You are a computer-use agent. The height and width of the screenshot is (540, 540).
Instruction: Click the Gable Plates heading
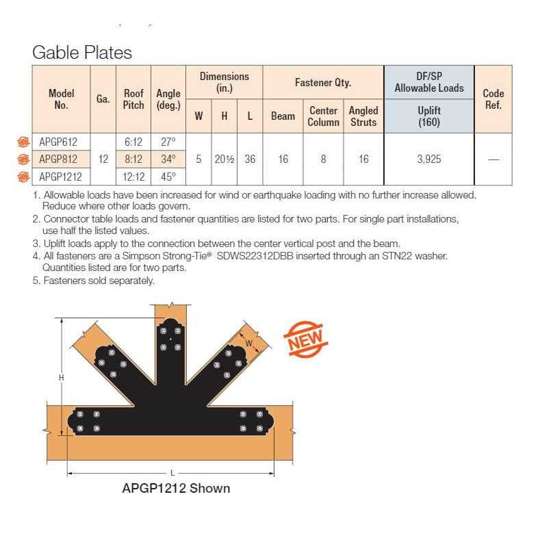pos(82,52)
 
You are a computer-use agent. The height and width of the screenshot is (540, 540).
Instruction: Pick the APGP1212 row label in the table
pos(60,176)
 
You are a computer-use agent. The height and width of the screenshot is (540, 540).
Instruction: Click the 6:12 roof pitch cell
pos(133,142)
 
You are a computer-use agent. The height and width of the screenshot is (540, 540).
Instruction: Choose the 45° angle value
pos(168,176)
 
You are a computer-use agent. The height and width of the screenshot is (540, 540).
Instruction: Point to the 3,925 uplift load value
pos(428,159)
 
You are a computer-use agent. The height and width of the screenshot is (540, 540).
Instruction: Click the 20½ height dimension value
pos(224,159)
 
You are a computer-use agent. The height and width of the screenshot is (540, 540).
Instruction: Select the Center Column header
pos(324,116)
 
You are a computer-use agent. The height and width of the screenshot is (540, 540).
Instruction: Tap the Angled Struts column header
pos(363,116)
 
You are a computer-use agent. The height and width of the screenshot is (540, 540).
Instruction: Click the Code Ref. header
pos(493,99)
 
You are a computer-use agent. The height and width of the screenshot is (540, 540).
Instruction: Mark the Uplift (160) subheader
pos(428,116)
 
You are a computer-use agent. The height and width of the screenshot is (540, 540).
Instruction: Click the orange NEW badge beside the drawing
pos(306,339)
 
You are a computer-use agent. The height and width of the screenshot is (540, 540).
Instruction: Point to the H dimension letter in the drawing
pos(61,377)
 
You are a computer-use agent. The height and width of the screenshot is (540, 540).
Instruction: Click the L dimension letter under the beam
pos(170,473)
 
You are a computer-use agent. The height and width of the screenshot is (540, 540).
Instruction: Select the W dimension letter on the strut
pos(249,342)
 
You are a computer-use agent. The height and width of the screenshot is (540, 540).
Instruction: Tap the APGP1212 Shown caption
pos(176,489)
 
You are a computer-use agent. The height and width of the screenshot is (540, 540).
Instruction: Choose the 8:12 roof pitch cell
pos(133,159)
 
